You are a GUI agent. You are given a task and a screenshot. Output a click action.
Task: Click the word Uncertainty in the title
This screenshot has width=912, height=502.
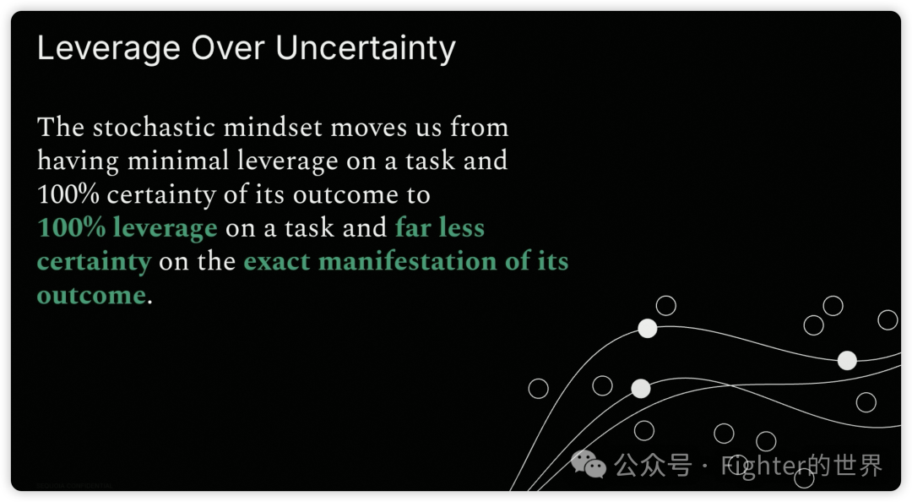point(366,49)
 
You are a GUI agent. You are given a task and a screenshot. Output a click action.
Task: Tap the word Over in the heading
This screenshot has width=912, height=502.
point(227,48)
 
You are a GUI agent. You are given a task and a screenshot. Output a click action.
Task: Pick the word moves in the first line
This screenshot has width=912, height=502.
point(369,128)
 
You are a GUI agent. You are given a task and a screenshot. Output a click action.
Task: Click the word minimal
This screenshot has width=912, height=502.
point(178,161)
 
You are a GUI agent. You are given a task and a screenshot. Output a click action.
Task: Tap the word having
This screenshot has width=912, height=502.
point(78,162)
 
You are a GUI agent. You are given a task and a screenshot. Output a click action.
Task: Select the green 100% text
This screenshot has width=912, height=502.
point(72,227)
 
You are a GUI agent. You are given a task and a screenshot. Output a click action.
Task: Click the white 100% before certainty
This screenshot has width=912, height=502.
point(68,194)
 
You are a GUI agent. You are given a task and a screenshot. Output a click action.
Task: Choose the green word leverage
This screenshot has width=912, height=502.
point(166,228)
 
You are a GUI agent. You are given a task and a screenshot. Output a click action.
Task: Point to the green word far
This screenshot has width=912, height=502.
point(414,227)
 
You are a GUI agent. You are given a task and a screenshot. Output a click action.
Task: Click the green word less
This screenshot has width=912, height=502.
point(462,227)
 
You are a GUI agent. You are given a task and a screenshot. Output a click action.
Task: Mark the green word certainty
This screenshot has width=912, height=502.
point(95,262)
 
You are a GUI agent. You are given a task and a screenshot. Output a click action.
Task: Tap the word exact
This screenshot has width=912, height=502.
point(277,261)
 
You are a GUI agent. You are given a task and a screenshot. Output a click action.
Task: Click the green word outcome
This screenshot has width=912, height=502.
point(91,295)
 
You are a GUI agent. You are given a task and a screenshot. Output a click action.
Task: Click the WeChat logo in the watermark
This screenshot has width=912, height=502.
point(588,464)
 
